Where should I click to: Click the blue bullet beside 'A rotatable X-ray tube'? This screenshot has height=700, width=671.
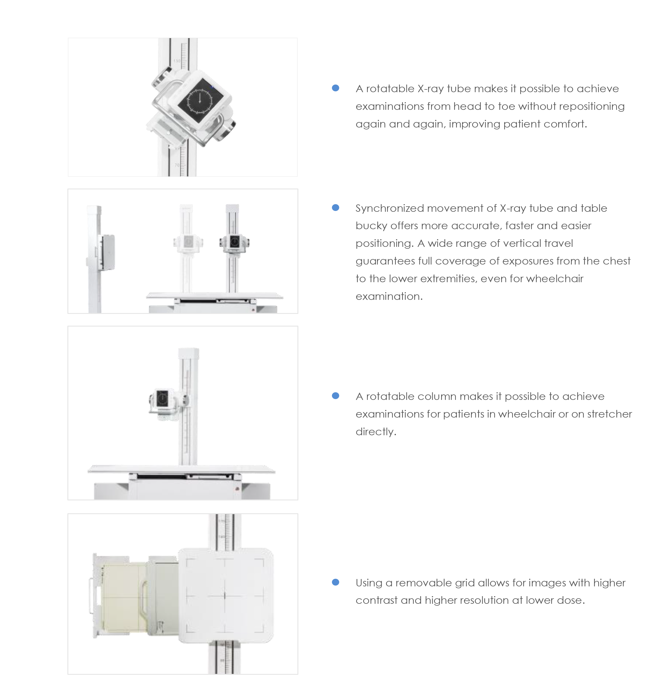pyautogui.click(x=335, y=88)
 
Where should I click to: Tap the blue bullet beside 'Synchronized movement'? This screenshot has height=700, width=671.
pyautogui.click(x=335, y=207)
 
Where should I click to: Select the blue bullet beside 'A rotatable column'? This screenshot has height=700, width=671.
pyautogui.click(x=335, y=395)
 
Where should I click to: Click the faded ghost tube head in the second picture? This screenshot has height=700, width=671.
pyautogui.click(x=188, y=243)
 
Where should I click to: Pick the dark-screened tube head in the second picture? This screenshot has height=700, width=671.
pyautogui.click(x=234, y=243)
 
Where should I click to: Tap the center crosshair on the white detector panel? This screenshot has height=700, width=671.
pyautogui.click(x=224, y=595)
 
